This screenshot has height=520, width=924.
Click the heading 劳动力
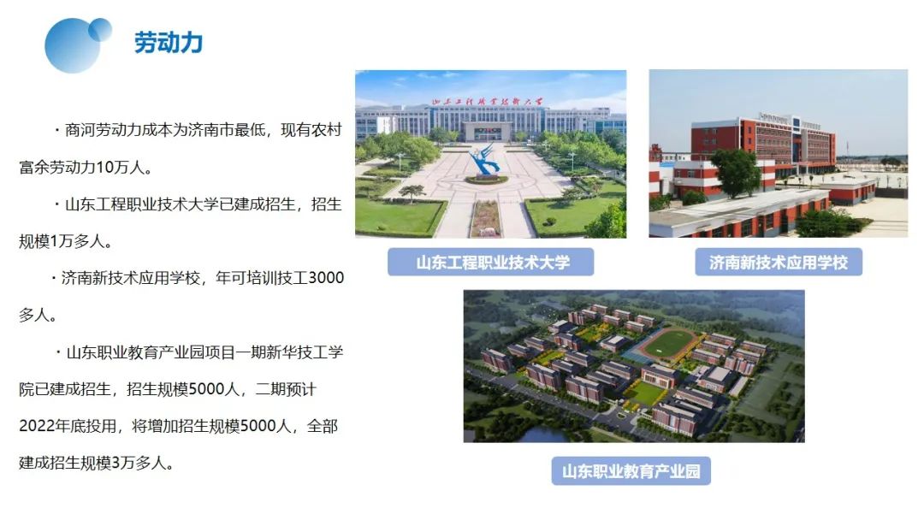[x=169, y=43]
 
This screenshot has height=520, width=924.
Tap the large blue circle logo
[x=72, y=46]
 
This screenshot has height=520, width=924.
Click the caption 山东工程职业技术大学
[x=493, y=262]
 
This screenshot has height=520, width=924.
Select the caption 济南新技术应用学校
[x=778, y=262]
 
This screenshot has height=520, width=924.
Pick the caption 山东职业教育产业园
[x=631, y=471]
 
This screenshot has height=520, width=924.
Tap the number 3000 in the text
[x=326, y=277]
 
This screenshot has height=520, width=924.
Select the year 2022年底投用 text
[x=68, y=426]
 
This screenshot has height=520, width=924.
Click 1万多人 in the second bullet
[x=77, y=241]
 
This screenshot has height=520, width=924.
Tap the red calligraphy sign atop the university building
[x=487, y=102]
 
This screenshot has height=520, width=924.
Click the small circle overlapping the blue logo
[x=99, y=29]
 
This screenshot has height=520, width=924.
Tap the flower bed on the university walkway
[x=486, y=218]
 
